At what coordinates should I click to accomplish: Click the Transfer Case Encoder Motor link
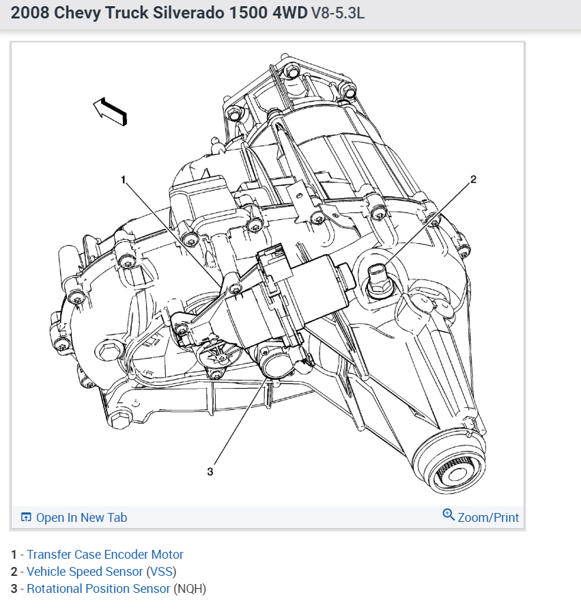[104, 555]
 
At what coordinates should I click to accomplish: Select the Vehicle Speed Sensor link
[85, 572]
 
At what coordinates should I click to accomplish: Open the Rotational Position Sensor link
[98, 589]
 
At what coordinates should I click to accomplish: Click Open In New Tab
[81, 518]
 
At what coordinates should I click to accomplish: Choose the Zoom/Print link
[488, 518]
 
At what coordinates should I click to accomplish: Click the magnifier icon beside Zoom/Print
[449, 515]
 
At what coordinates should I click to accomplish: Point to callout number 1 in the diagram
[124, 180]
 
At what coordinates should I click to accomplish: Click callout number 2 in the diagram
[473, 180]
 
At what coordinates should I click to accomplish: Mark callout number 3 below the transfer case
[210, 471]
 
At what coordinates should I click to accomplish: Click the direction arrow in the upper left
[110, 111]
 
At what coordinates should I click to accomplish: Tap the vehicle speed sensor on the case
[378, 280]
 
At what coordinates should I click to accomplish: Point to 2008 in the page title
[28, 13]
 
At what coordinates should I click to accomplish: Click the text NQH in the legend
[190, 589]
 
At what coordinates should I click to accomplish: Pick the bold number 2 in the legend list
[14, 572]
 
